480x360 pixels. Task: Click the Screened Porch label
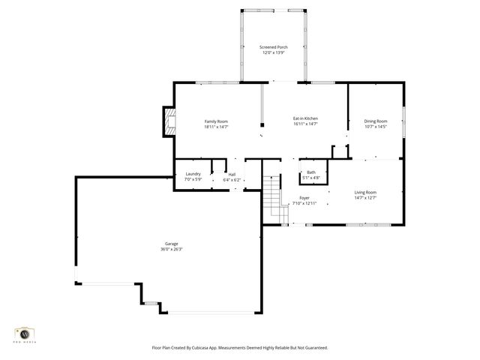274,47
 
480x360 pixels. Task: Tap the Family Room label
216,121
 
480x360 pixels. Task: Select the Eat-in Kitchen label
305,118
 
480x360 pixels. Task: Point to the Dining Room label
376,121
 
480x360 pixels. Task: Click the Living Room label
365,193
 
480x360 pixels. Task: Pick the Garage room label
171,244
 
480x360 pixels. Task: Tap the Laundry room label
193,174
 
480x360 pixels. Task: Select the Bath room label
310,172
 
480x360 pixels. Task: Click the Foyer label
294,199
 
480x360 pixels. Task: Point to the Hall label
232,175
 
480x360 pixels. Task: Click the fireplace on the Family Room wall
169,122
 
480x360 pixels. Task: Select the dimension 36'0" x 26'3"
171,249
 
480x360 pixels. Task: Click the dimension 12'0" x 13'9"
274,52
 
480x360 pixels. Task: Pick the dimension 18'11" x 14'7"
216,127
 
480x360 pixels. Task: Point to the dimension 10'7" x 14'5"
376,127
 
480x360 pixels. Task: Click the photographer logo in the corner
25,334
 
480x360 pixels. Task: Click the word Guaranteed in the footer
312,348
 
